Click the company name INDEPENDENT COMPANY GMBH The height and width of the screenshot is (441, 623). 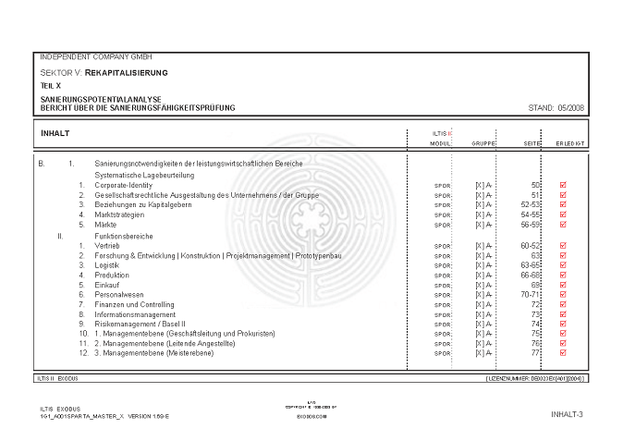97,56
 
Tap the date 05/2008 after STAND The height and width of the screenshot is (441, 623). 570,108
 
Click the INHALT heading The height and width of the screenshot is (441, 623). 55,133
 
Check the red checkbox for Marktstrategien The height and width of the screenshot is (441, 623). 563,214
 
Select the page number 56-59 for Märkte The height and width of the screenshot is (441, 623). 531,225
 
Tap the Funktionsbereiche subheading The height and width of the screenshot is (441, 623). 128,236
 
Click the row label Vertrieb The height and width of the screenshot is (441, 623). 109,246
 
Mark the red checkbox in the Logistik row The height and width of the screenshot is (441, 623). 563,265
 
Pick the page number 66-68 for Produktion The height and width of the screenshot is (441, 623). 531,276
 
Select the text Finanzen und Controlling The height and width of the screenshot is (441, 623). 135,304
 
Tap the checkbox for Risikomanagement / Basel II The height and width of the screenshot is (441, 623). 563,324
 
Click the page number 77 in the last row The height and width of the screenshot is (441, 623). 535,353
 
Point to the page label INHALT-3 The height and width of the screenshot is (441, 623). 566,414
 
